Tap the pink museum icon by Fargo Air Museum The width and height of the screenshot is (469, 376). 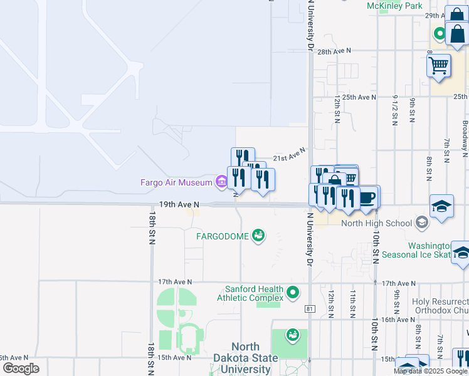221,182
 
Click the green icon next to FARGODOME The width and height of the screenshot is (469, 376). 258,236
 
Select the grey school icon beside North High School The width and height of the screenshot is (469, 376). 422,222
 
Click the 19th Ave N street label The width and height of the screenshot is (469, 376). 179,204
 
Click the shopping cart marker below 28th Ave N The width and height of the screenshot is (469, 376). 439,65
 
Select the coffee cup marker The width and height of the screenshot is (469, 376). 367,197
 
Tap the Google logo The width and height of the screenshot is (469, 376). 21,368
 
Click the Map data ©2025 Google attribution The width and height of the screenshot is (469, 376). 431,371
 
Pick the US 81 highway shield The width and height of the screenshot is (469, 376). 309,308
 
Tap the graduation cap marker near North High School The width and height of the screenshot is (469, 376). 441,206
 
